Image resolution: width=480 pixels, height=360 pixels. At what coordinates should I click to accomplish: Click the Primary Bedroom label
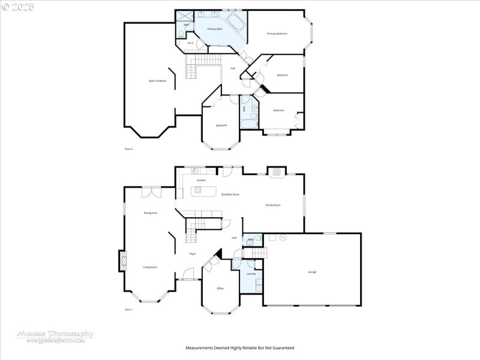point(277,34)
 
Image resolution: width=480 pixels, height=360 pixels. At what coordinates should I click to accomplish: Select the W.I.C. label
point(190,43)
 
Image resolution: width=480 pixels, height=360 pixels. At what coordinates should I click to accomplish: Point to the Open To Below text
point(157,80)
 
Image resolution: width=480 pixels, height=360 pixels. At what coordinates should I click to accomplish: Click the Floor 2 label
point(128,148)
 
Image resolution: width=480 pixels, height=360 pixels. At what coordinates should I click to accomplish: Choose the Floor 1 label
point(128,309)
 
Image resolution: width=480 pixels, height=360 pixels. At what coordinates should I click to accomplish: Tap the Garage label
point(312,272)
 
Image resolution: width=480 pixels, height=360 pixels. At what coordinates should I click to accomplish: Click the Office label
point(220,289)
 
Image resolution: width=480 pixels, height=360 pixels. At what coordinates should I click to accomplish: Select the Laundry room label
point(251,274)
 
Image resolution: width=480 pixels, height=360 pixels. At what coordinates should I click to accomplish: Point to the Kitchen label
point(202,180)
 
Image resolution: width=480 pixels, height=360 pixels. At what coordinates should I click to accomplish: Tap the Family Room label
point(273,205)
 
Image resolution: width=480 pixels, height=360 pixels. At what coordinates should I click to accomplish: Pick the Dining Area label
point(150,213)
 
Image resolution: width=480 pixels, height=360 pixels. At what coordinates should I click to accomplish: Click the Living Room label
point(149,267)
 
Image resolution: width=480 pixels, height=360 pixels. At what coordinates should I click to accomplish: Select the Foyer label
point(193,254)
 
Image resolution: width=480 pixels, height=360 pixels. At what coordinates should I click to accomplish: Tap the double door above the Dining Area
point(151,192)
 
